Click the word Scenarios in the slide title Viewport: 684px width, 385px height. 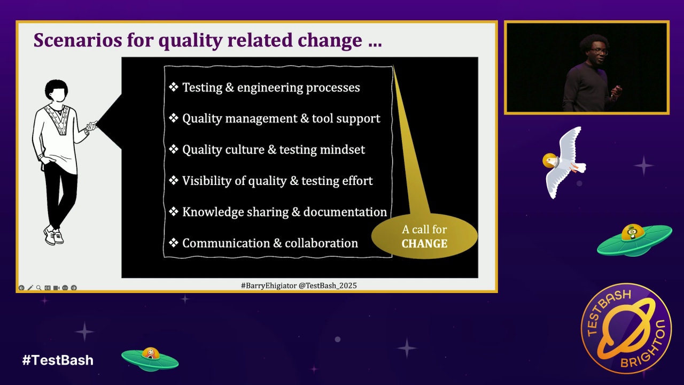(x=78, y=40)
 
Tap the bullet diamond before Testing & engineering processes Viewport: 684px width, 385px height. (x=174, y=87)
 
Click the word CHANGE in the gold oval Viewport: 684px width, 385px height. (x=424, y=244)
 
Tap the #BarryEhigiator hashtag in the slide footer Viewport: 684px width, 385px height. (x=269, y=286)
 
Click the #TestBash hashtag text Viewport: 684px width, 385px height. (x=58, y=360)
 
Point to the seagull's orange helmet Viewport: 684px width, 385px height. (x=550, y=161)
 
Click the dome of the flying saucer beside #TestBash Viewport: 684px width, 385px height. (x=150, y=353)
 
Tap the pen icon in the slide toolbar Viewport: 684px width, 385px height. (x=30, y=288)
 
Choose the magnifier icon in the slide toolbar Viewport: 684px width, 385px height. (x=39, y=288)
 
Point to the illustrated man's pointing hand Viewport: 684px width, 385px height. (x=91, y=125)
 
